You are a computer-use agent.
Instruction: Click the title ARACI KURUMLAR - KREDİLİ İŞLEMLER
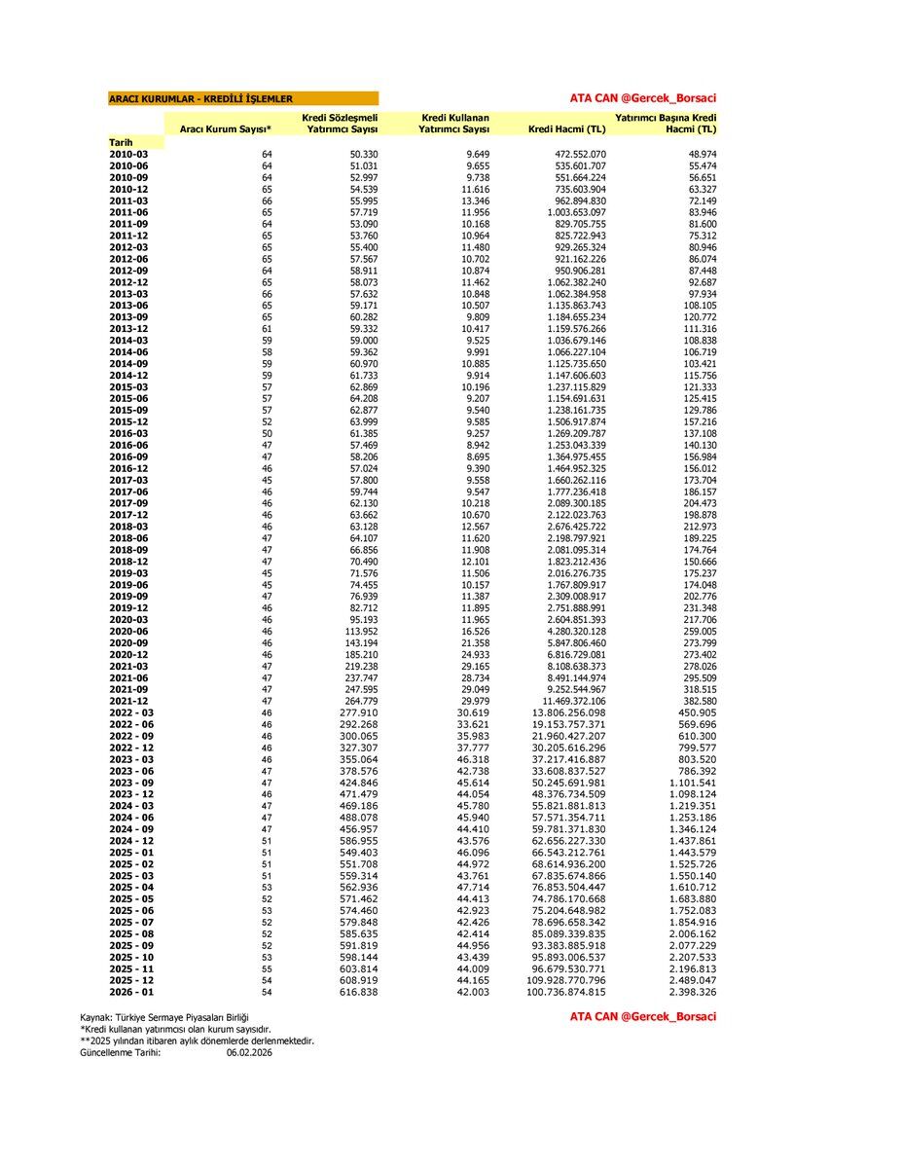200,98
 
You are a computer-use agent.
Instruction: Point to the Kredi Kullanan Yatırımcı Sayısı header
454,124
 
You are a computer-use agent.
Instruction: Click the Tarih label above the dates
121,142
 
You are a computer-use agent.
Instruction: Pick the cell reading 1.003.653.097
566,212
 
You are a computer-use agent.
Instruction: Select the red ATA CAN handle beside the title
642,98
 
